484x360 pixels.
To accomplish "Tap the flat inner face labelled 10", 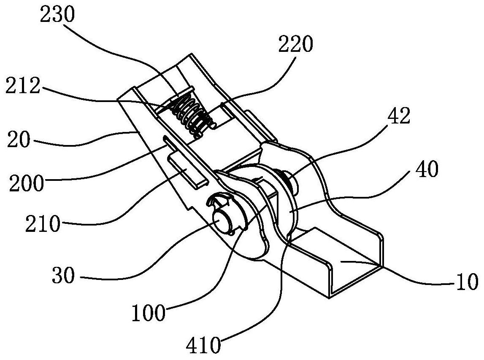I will point(350,264).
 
